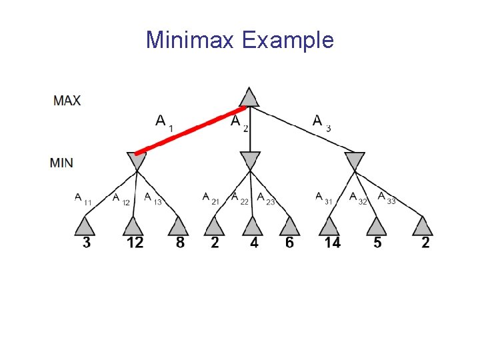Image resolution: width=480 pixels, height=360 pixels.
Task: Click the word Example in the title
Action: [x=288, y=41]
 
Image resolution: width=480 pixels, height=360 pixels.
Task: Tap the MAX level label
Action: [x=67, y=101]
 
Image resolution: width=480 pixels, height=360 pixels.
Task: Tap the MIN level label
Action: [x=62, y=163]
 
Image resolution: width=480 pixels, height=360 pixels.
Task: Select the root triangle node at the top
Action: [x=249, y=97]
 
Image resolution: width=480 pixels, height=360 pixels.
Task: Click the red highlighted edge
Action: [x=190, y=131]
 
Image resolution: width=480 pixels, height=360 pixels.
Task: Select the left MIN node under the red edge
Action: [x=136, y=160]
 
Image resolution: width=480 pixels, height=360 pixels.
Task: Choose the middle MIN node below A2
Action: [x=250, y=160]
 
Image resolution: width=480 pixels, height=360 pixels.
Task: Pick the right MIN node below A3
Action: [x=355, y=160]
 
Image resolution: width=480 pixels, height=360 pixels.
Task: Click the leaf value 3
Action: [x=87, y=243]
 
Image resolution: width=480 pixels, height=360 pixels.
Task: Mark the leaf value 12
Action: [x=135, y=243]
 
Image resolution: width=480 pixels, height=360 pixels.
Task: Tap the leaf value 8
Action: [x=180, y=243]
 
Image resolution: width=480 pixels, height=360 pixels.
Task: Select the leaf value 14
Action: [x=332, y=243]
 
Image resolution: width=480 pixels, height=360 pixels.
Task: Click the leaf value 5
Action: [x=377, y=243]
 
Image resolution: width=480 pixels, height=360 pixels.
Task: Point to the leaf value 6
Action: [x=289, y=243]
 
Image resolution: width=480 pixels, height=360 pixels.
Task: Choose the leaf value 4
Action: [x=254, y=243]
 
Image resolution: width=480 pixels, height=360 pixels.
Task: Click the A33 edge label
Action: [x=386, y=198]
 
